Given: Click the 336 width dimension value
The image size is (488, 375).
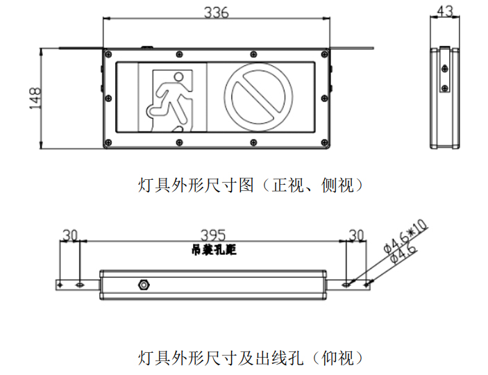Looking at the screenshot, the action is [217, 12].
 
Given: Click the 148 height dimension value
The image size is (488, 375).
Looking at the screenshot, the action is [35, 98].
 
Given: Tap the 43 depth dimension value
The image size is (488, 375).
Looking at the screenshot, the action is [445, 12].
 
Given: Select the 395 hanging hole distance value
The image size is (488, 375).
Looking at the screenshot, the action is [213, 235].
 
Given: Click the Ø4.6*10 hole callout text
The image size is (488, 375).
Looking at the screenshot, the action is [405, 237].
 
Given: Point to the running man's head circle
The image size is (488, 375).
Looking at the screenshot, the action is [178, 76].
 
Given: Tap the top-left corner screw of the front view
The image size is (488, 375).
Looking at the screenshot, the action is [108, 54].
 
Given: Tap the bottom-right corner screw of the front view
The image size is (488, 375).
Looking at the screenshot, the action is [325, 142].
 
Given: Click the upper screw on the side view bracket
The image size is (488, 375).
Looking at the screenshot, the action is [445, 69].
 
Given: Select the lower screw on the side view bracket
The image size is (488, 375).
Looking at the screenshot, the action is [445, 87].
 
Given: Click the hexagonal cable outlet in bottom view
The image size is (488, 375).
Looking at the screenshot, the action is [144, 285].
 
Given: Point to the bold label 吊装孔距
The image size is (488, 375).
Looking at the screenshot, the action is [214, 250].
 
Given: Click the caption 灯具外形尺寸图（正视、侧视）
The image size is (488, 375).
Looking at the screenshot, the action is [251, 185].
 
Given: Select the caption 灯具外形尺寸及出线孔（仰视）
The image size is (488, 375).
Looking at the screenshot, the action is [251, 358].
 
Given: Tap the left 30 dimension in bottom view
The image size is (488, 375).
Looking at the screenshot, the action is [69, 235].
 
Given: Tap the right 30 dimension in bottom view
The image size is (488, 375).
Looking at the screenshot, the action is [356, 235].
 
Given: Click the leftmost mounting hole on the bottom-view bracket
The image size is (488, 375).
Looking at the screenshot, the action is [60, 285].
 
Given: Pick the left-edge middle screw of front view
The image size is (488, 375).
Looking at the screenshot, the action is [108, 99].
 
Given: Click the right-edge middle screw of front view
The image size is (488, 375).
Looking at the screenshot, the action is [325, 99].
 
